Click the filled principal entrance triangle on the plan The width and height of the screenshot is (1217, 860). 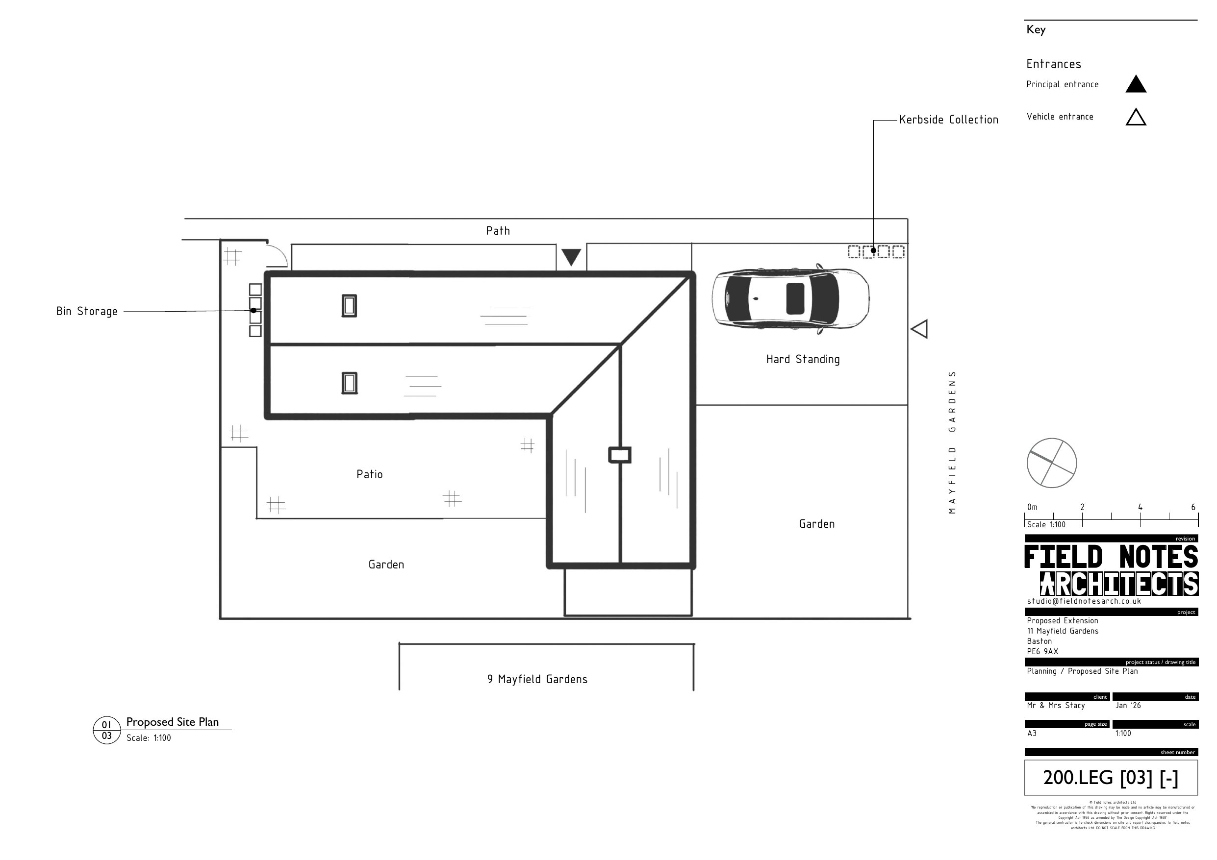(x=571, y=256)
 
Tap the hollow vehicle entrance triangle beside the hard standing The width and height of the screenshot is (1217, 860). (x=920, y=329)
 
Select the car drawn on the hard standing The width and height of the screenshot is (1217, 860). (x=790, y=298)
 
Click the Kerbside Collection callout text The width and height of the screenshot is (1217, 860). (x=948, y=120)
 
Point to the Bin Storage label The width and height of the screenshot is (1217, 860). (x=87, y=312)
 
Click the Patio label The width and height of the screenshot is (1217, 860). (x=369, y=474)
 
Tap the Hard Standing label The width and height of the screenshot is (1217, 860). (x=803, y=359)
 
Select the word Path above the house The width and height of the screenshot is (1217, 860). (x=498, y=230)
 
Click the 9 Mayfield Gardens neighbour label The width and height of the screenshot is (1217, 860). (x=537, y=679)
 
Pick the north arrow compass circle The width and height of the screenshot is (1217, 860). (x=1052, y=463)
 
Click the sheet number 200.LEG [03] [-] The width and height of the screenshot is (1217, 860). (x=1111, y=778)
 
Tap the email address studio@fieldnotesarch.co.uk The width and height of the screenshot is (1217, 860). (x=1084, y=601)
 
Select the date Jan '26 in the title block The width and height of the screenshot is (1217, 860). (x=1128, y=705)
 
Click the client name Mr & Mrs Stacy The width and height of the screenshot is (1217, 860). (x=1055, y=705)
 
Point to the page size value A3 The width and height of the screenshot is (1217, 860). (x=1032, y=734)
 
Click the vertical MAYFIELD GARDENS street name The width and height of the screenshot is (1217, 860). (x=952, y=442)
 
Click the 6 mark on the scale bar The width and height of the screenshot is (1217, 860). (x=1193, y=507)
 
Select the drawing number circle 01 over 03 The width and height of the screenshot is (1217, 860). (x=106, y=730)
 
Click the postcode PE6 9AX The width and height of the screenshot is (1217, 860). (x=1042, y=651)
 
